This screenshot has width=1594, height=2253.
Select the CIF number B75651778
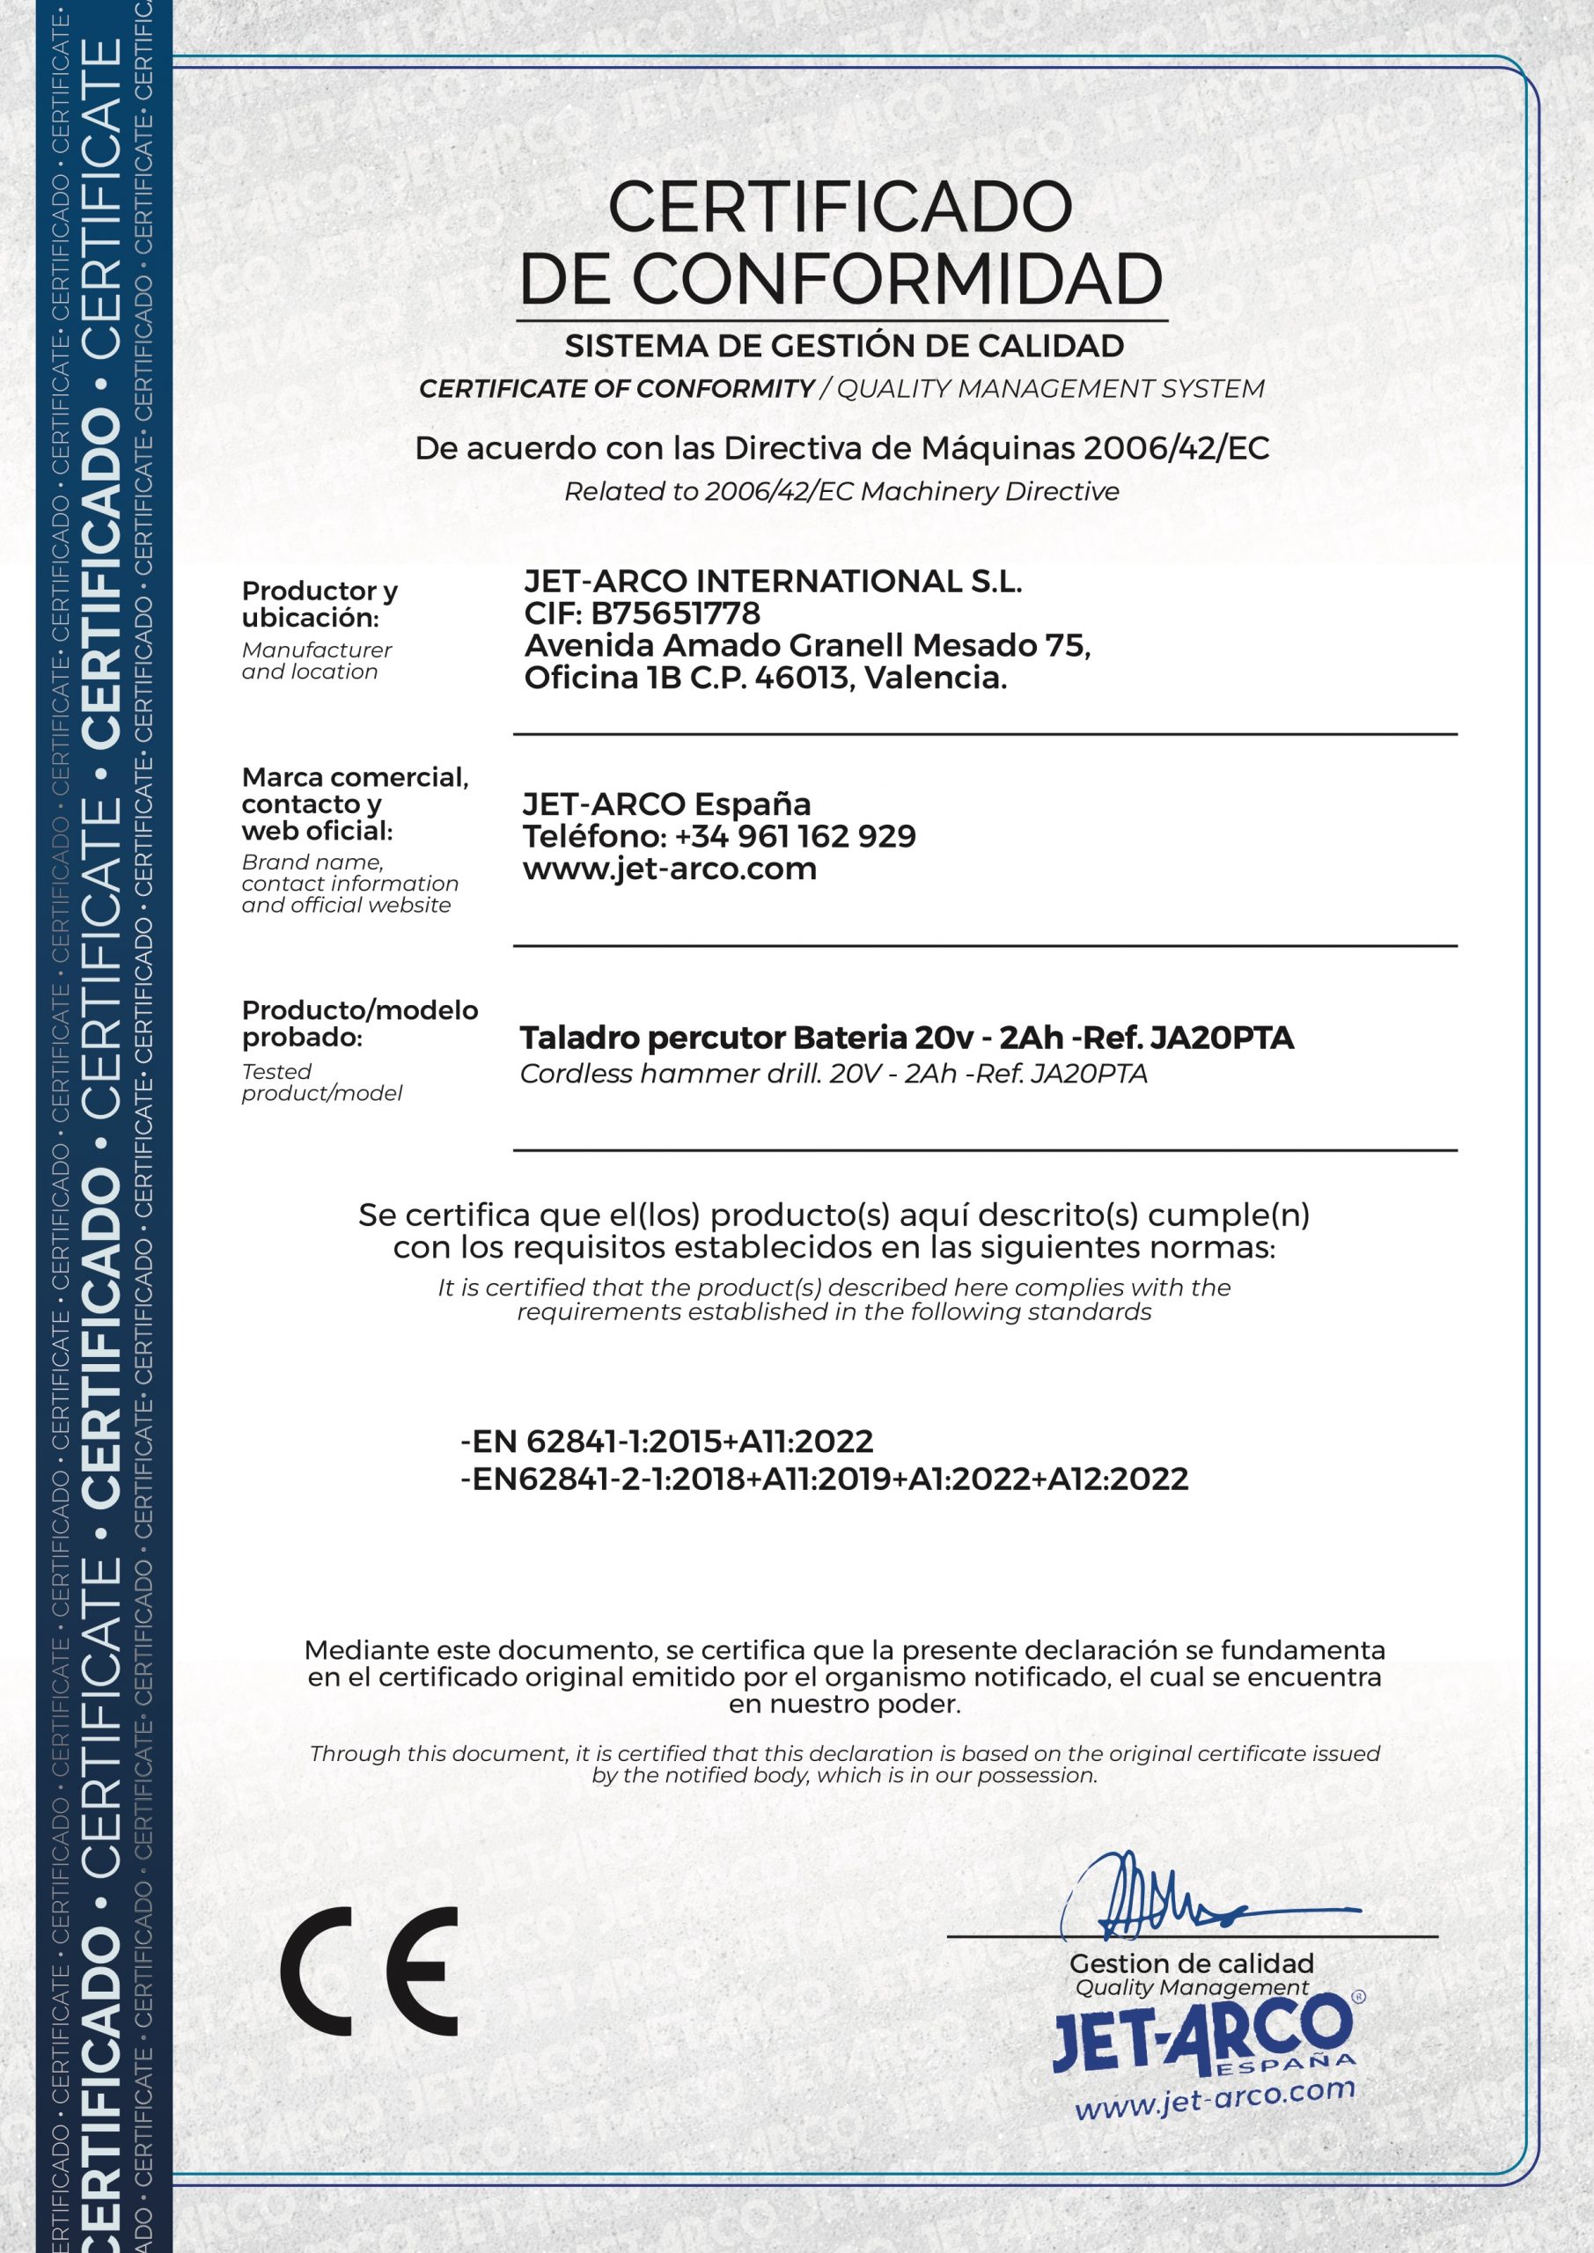(x=675, y=613)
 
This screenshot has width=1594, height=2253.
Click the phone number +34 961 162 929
(x=795, y=836)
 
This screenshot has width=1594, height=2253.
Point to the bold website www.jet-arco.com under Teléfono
(x=670, y=869)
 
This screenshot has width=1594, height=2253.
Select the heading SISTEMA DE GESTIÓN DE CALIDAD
(x=843, y=345)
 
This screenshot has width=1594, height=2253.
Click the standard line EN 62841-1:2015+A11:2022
(x=667, y=1441)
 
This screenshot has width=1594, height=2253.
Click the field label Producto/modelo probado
(x=359, y=1024)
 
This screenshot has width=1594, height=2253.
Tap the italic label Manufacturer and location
(x=316, y=660)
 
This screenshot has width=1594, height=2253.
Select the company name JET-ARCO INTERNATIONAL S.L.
(x=773, y=581)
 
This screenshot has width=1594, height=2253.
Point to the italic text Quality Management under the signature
(x=1192, y=1988)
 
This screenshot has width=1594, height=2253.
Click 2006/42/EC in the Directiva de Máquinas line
(x=1176, y=449)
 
